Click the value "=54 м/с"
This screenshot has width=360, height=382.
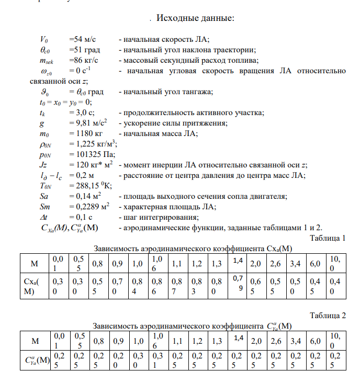tap(82, 39)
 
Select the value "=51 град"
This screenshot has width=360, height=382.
tap(85, 50)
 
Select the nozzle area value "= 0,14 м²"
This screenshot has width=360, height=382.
tap(85, 196)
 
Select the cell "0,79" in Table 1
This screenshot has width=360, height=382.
tap(238, 287)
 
